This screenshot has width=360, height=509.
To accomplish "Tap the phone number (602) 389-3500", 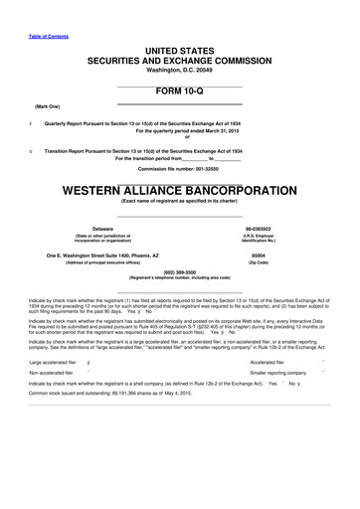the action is (179, 271).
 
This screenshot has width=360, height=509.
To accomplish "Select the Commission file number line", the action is (179, 168).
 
